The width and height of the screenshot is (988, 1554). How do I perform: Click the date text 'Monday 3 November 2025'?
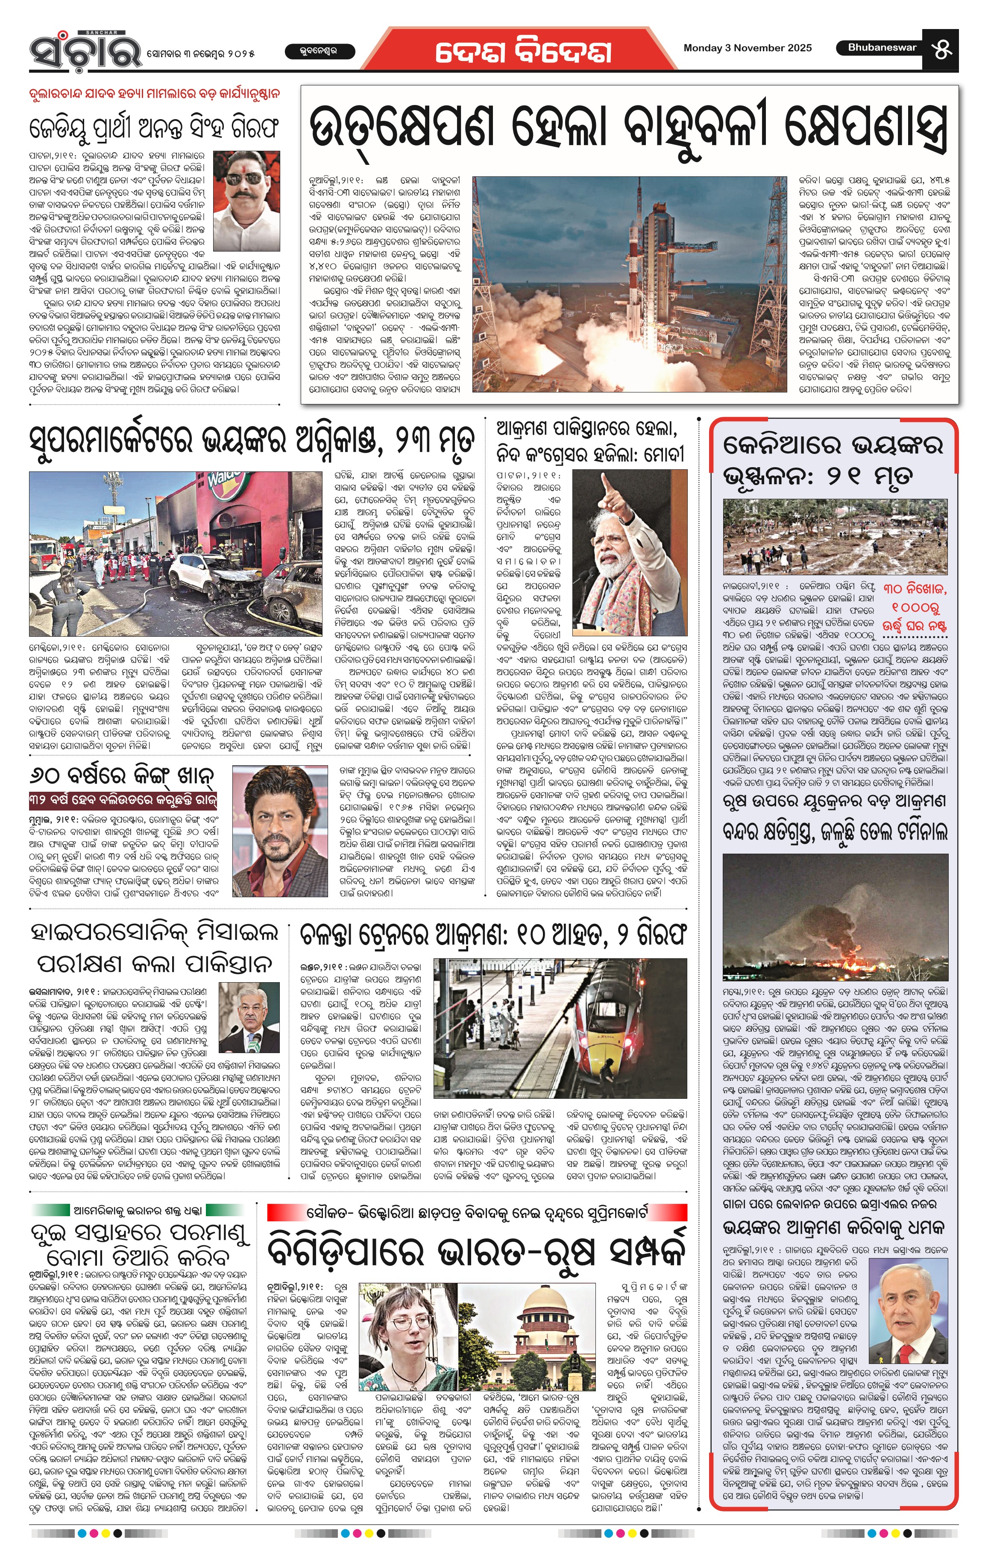click(747, 48)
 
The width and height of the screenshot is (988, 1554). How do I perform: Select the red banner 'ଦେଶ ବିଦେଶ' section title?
click(523, 52)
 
